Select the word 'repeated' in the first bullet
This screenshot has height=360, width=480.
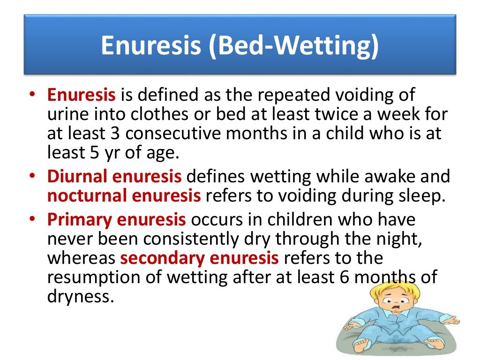pyautogui.click(x=280, y=95)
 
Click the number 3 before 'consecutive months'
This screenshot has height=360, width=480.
pyautogui.click(x=117, y=133)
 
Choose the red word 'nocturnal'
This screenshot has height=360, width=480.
pyautogui.click(x=87, y=196)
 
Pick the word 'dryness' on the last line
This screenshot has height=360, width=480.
pyautogui.click(x=80, y=296)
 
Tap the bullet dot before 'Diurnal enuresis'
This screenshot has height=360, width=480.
pyautogui.click(x=32, y=177)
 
